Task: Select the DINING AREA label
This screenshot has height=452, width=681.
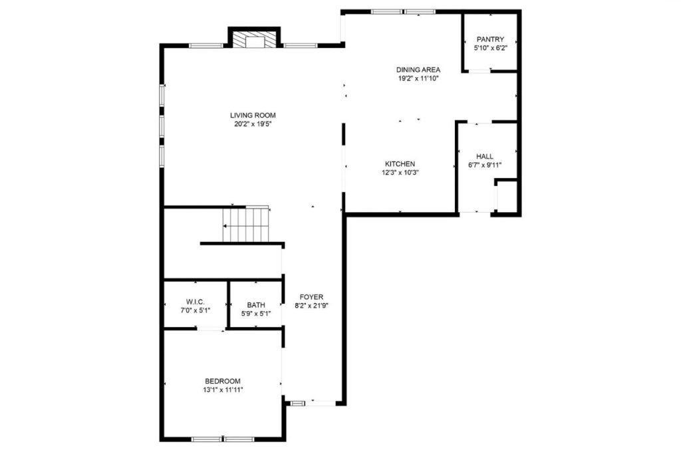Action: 418,70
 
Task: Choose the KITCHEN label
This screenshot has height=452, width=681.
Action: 400,164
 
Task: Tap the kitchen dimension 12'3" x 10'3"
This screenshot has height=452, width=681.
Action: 400,172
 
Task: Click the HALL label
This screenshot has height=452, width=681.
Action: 485,157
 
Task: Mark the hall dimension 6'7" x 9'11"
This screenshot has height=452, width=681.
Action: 485,166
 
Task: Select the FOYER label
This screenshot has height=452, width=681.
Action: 311,297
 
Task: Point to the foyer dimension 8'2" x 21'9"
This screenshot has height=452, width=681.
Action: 311,306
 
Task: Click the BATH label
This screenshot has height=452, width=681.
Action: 256,305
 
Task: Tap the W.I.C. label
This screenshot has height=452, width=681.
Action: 196,301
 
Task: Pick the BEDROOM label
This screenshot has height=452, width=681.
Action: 223,381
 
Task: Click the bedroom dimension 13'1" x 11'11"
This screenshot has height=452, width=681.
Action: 223,390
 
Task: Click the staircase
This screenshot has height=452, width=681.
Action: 246,225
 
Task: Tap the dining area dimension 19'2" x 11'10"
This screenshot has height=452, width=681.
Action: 418,78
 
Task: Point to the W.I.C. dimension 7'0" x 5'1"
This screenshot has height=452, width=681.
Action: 196,310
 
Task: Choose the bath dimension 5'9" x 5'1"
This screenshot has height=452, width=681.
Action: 256,314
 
